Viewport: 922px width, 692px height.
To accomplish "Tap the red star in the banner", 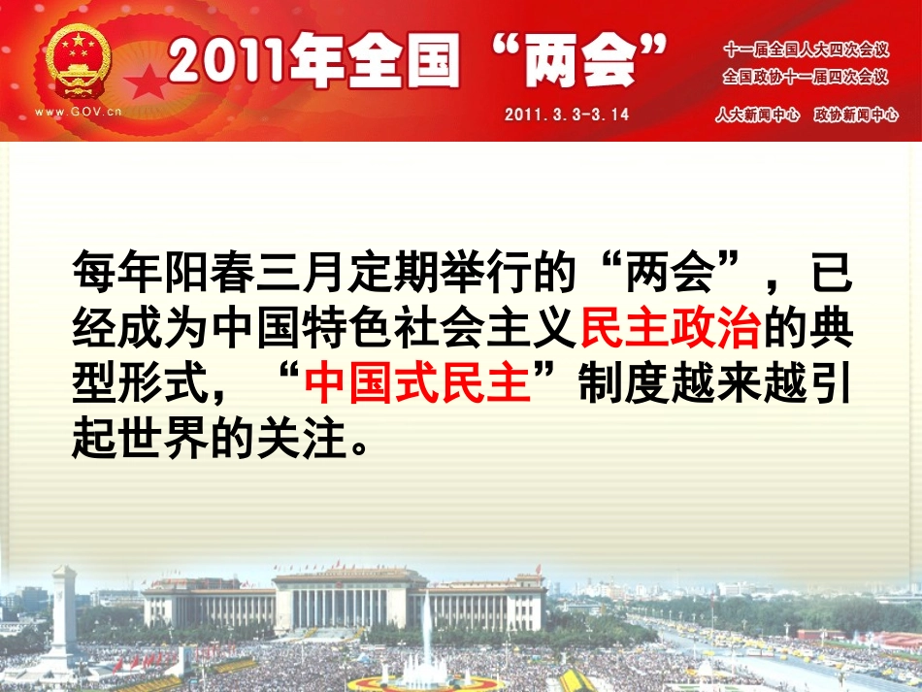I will click(x=148, y=82).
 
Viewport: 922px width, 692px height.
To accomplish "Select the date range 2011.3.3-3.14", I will click(x=567, y=114).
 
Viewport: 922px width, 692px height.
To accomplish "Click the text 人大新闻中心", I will click(x=757, y=115).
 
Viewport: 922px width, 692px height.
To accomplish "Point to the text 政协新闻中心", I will click(x=856, y=115).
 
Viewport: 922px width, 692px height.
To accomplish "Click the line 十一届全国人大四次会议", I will click(x=806, y=49).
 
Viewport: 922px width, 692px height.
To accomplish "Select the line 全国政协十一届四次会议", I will click(x=806, y=76).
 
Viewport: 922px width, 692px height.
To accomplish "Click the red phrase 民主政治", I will click(x=670, y=332).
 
